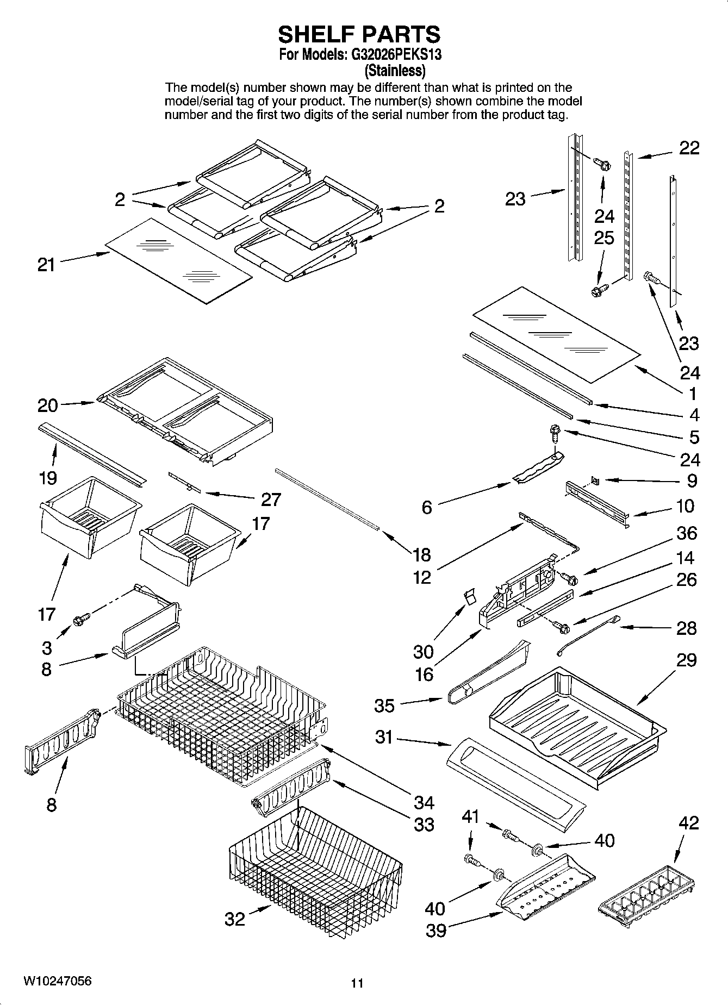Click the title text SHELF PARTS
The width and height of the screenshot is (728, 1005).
359,35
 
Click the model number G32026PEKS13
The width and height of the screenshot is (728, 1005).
396,55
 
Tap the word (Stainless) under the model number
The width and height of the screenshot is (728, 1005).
395,71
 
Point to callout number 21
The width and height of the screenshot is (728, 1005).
46,265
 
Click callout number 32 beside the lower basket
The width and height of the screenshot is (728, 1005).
235,919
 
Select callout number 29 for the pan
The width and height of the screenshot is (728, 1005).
687,660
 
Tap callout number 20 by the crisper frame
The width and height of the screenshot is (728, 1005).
48,405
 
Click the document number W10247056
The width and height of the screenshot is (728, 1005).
57,981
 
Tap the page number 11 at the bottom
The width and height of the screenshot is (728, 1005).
357,983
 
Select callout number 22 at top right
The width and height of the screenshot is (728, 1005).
689,148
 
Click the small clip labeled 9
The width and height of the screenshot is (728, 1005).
595,480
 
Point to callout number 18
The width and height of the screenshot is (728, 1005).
421,554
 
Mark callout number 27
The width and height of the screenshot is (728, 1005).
270,499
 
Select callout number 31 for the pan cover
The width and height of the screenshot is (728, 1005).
384,738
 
